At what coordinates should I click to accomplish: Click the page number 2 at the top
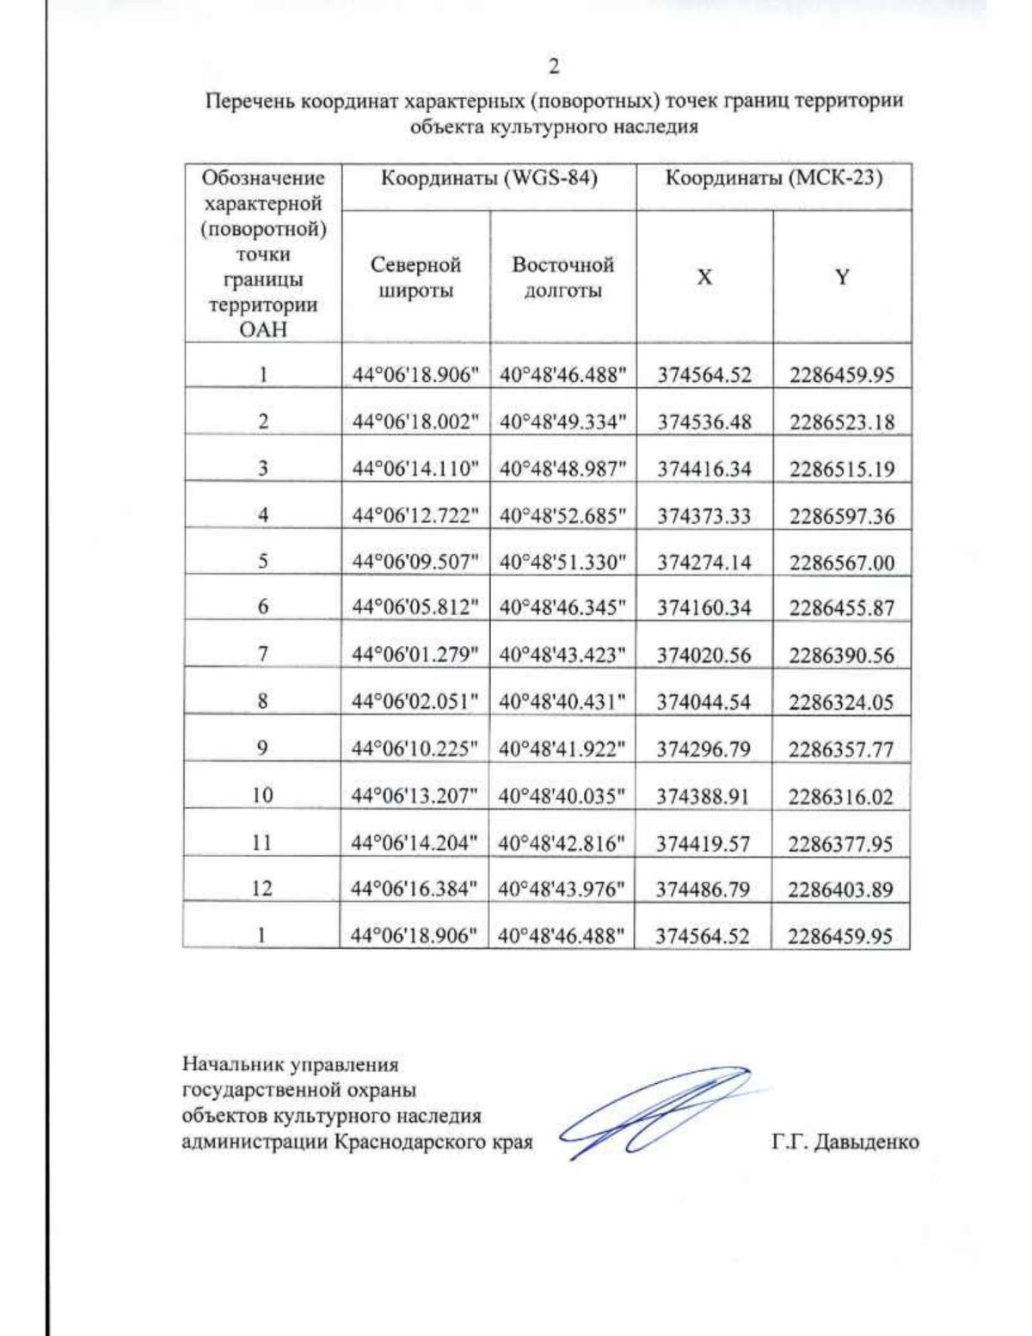pos(554,66)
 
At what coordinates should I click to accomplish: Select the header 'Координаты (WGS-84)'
pos(488,179)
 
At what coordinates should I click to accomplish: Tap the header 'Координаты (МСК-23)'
pos(773,179)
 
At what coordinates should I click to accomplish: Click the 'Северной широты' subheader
pos(415,277)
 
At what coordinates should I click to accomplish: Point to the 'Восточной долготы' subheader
pos(562,277)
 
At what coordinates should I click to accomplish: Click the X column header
pos(704,277)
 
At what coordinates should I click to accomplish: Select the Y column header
pos(842,277)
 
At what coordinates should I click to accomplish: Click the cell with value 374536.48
pos(704,422)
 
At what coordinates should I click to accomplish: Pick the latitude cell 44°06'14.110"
pos(415,469)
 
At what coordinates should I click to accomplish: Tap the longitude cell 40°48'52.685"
pos(562,516)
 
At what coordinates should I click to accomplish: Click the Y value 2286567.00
pos(842,563)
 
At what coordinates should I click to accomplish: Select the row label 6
pos(263,607)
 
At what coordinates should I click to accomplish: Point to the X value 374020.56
pos(704,656)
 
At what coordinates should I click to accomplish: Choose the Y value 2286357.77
pos(841,749)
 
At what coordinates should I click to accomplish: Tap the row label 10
pos(262,796)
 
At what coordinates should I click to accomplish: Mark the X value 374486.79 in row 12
pos(703,890)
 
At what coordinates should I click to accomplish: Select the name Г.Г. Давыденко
pos(845,1142)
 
